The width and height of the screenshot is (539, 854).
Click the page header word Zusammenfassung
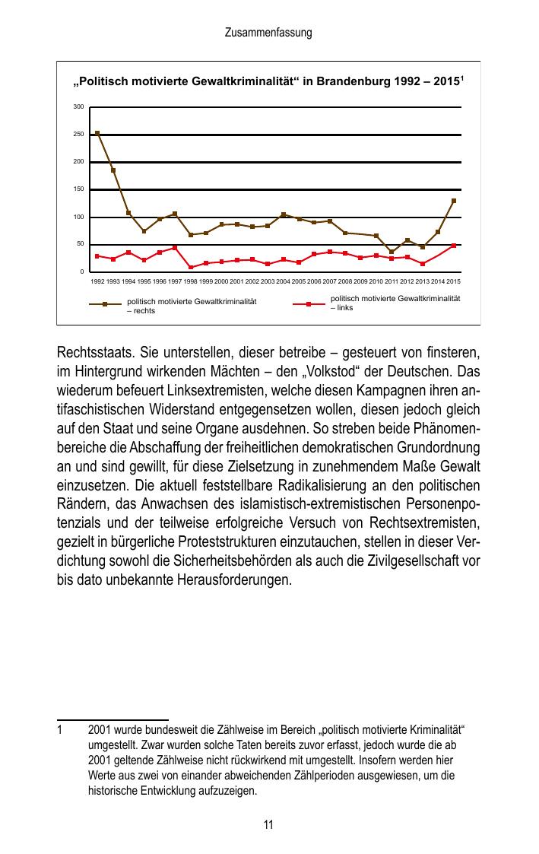point(268,33)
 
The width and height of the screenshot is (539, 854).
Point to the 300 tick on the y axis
point(78,106)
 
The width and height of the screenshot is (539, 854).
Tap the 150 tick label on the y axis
point(78,189)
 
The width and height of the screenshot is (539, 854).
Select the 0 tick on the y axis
point(81,271)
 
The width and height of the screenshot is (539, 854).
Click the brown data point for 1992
point(97,133)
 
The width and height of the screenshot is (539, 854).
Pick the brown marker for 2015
point(454,201)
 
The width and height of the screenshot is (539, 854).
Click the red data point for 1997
point(175,247)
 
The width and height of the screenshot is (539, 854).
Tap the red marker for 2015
point(454,246)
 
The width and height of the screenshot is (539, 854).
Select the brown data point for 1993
point(113,170)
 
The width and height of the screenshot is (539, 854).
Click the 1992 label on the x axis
point(97,281)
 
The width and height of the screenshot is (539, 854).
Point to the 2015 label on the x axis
point(453,281)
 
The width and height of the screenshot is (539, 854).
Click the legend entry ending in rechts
point(191,306)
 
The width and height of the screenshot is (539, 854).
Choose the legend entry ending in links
point(395,303)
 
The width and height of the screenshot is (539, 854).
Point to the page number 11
point(268,825)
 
